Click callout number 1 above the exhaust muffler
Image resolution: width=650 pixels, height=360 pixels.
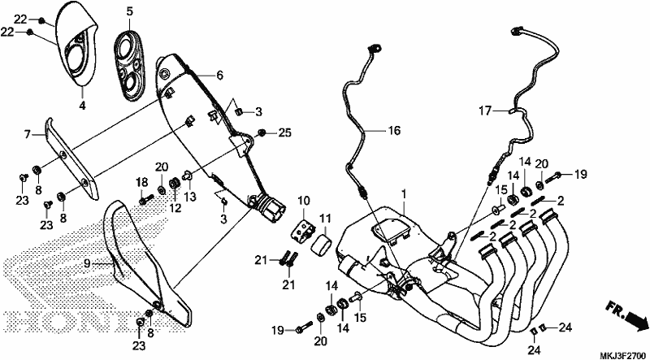pyautogui.click(x=404, y=193)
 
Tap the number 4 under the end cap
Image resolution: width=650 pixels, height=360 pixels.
pyautogui.click(x=83, y=106)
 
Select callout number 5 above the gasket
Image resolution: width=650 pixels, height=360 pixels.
pyautogui.click(x=130, y=11)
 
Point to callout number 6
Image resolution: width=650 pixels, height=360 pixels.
pyautogui.click(x=219, y=75)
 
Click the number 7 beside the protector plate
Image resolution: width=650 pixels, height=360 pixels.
pyautogui.click(x=28, y=134)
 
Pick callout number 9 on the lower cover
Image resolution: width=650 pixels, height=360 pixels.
pyautogui.click(x=87, y=263)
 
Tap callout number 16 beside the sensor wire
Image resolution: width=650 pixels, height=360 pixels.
pyautogui.click(x=394, y=131)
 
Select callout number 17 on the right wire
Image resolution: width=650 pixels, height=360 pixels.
pyautogui.click(x=484, y=111)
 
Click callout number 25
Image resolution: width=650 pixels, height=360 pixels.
pyautogui.click(x=285, y=133)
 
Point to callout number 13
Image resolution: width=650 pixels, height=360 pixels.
pyautogui.click(x=191, y=195)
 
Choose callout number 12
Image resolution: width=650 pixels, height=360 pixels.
pyautogui.click(x=175, y=208)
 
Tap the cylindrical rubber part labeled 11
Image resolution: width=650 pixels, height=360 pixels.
pyautogui.click(x=322, y=244)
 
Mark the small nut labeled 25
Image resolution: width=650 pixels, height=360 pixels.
pyautogui.click(x=262, y=132)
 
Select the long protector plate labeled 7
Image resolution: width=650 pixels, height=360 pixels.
pyautogui.click(x=71, y=159)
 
